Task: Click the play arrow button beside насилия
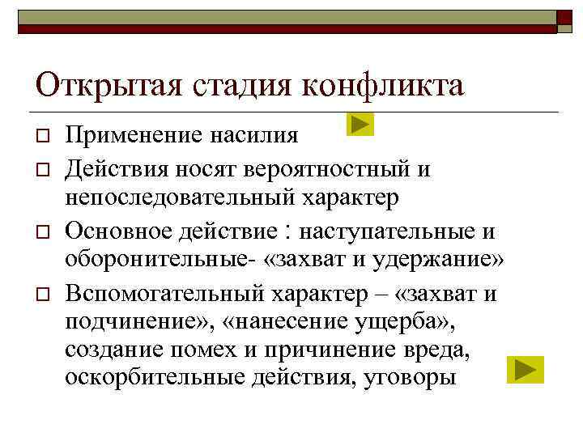pos(360,125)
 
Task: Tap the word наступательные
pos(388,231)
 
